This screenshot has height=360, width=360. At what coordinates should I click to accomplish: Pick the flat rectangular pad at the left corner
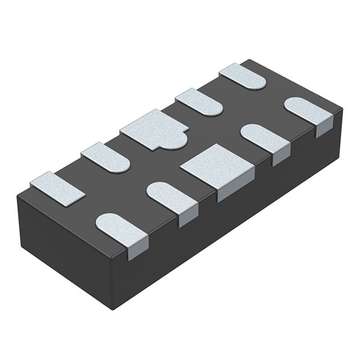(57, 188)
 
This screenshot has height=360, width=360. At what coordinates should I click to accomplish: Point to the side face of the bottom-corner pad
(138, 247)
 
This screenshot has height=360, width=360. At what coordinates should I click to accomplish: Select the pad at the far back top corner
(243, 76)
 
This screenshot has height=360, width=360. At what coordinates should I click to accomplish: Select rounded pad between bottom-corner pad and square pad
(172, 197)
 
